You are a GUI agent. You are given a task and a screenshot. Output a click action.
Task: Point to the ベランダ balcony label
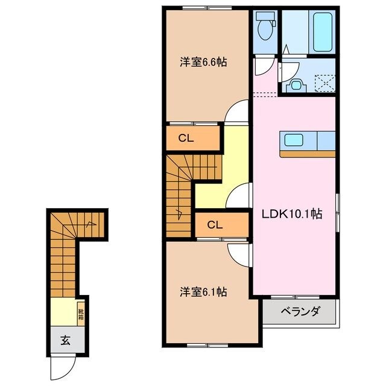coord(300,312)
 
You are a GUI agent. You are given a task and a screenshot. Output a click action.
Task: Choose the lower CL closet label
coord(215,225)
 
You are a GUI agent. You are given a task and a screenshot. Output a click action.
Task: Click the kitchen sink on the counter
coord(295,141)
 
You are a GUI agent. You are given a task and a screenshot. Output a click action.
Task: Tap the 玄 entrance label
coord(65,340)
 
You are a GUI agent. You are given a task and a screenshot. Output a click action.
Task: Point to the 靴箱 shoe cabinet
coord(80,314)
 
